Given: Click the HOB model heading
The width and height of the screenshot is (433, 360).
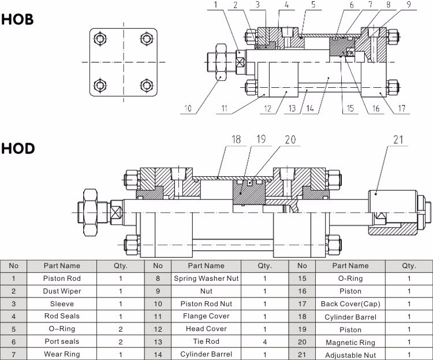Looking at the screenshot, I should click(17, 19).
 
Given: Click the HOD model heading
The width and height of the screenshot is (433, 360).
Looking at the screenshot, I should click(17, 149).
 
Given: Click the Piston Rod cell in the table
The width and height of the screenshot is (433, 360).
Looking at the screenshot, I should click(62, 279).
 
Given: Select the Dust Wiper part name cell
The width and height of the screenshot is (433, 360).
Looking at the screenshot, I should click(62, 291).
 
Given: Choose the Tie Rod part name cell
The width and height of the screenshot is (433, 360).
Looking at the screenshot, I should click(206, 342).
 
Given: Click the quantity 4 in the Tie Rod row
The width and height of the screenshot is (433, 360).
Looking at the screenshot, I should click(264, 342).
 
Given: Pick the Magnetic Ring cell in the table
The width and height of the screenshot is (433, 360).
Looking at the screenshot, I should click(350, 342).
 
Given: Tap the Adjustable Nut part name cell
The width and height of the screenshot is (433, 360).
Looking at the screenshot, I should click(350, 355).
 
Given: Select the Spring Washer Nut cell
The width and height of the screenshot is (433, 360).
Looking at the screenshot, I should click(206, 279).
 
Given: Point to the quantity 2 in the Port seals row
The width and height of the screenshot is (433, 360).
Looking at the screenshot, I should click(120, 342).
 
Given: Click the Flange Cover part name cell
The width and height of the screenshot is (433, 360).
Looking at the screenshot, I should click(206, 316).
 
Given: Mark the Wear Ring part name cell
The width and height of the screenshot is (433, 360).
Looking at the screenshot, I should click(62, 354).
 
